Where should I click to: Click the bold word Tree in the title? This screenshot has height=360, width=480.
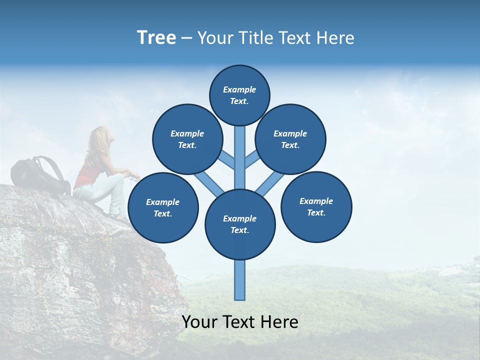[156, 38]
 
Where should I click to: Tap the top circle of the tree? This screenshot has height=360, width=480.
[239, 95]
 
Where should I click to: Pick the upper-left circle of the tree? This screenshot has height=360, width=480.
[187, 139]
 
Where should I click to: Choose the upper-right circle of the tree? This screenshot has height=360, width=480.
[290, 139]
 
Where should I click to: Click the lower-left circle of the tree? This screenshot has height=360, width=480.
[163, 207]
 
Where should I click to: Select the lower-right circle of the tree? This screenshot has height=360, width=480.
[316, 206]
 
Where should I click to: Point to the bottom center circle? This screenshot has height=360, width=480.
[240, 224]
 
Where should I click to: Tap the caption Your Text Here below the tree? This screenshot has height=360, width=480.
[240, 322]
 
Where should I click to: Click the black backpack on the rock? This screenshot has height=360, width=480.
[35, 175]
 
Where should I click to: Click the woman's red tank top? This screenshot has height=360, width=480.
[89, 172]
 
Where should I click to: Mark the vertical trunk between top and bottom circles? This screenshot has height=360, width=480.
[240, 157]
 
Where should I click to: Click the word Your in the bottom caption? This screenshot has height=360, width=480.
[199, 322]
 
